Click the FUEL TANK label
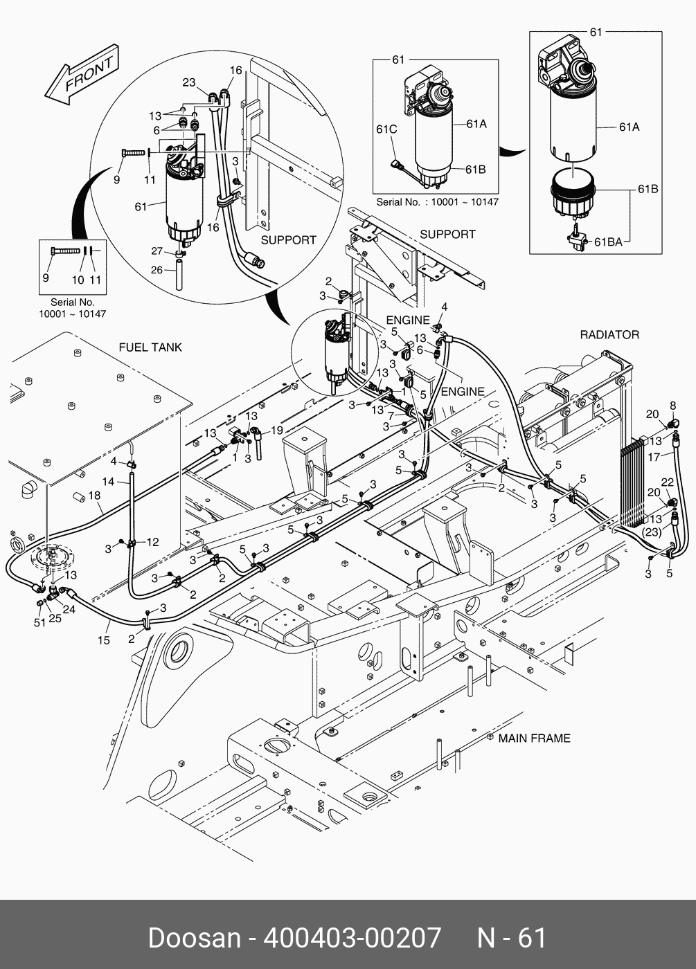coord(150,347)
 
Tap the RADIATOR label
coord(609,335)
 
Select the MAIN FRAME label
coord(534,739)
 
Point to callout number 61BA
coord(609,242)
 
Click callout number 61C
coord(386,129)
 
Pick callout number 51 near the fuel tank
coord(39,622)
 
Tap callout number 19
coord(276,431)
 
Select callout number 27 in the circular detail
coord(157,251)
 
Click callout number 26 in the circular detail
coord(157,269)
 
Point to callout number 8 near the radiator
coord(672,405)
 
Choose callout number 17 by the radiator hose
coord(654,457)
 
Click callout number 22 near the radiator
coord(667,482)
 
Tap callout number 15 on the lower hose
coord(103,640)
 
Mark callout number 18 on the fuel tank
coord(94,496)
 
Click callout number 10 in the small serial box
coord(78,280)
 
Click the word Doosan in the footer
coord(193,938)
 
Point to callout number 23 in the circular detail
coord(189,82)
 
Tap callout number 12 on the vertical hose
coord(152,542)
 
